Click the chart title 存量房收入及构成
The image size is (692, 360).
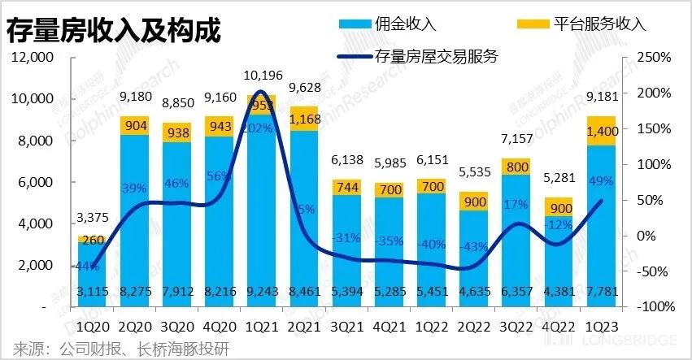(114, 32)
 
